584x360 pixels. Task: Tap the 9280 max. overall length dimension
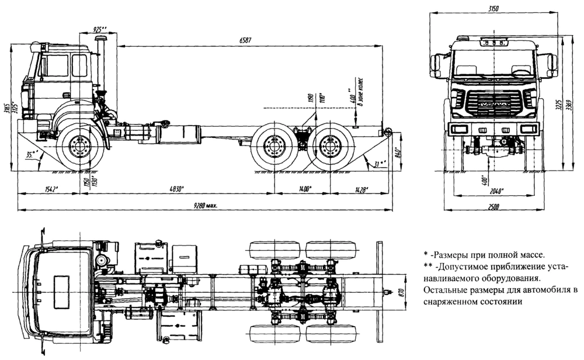coord(203,205)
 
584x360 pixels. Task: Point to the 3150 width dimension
coord(495,7)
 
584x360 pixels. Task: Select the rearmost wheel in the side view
coord(330,147)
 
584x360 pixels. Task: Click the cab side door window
coord(79,65)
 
